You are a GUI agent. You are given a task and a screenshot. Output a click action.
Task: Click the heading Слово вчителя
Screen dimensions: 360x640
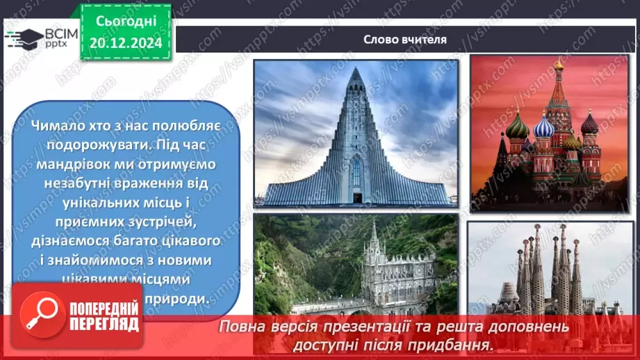tap(404, 39)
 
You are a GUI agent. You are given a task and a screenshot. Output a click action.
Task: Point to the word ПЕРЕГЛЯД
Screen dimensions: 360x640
tap(105, 324)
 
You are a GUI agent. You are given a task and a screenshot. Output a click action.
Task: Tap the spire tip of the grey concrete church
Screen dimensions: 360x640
tap(356, 69)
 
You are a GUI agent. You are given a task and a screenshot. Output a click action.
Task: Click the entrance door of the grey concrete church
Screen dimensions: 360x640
tap(356, 197)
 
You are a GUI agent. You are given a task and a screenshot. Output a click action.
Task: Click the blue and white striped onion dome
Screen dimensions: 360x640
tap(543, 127)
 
